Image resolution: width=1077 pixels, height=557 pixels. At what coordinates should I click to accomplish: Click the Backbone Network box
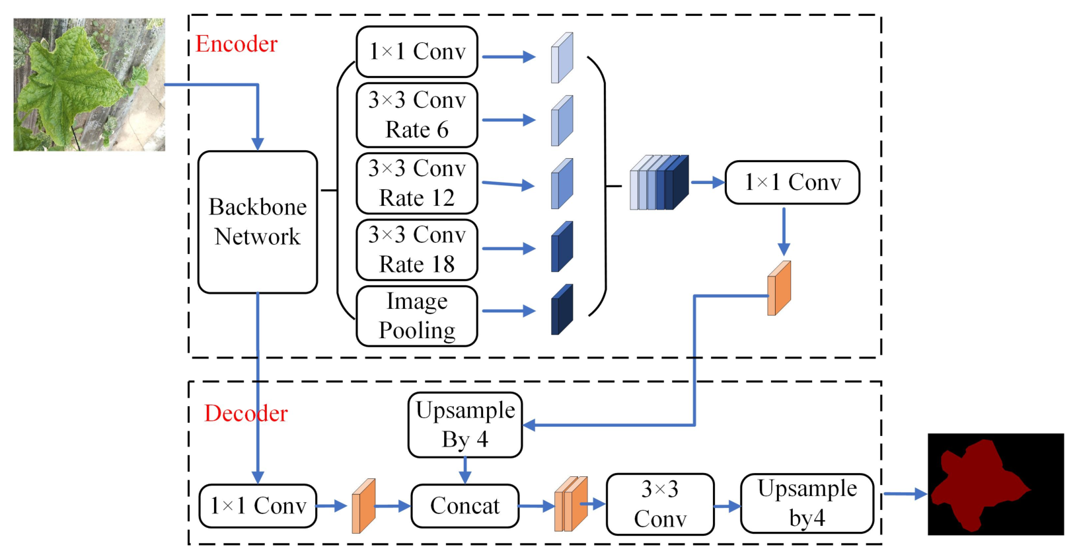coord(258,222)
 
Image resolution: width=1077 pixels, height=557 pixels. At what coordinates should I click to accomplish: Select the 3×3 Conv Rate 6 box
coord(417,115)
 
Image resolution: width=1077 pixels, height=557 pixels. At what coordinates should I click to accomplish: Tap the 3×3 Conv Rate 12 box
coord(417,183)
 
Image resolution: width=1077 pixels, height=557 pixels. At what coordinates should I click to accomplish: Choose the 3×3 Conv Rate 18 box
coord(417,250)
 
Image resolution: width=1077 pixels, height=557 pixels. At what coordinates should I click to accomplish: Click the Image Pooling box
coord(417,316)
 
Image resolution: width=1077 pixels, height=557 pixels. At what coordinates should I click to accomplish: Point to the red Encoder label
coord(237,44)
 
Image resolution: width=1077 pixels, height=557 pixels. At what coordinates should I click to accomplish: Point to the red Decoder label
coord(246,413)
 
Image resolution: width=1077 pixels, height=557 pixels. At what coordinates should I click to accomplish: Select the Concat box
coord(465,506)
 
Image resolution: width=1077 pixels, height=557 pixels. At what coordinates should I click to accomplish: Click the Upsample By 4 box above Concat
coord(465,425)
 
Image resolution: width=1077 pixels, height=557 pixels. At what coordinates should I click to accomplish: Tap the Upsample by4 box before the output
coord(807,503)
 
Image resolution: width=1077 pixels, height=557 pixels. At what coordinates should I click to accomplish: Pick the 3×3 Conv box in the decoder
coord(660,504)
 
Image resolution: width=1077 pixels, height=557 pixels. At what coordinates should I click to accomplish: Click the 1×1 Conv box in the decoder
coord(258,506)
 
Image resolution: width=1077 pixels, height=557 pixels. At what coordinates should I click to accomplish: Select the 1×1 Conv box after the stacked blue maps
coord(792,183)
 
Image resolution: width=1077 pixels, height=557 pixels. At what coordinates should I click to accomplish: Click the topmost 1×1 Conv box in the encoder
coord(417,52)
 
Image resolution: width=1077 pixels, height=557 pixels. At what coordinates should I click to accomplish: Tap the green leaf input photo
coord(89,85)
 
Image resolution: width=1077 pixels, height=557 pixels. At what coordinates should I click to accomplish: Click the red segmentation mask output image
coord(996,484)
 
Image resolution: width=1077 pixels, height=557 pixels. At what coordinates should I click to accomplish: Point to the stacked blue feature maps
coord(659,183)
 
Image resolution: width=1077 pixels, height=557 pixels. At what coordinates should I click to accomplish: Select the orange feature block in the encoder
coord(779,288)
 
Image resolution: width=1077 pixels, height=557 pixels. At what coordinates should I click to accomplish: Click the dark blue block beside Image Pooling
coord(562,309)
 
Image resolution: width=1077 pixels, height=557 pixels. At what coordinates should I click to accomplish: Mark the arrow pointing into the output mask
coord(905,493)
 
